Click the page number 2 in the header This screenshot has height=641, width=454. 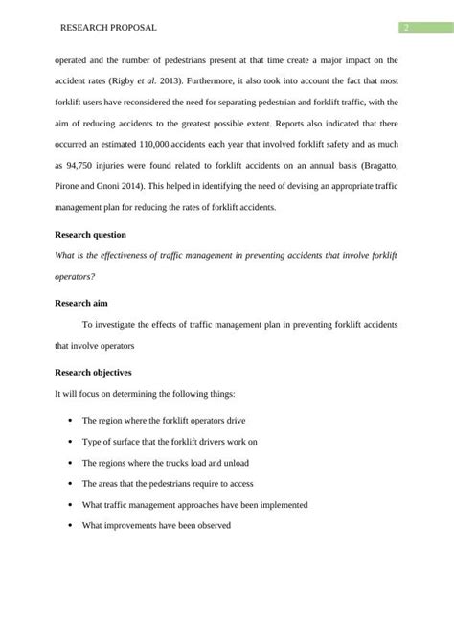(x=405, y=28)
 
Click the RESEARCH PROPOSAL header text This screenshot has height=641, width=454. (x=108, y=28)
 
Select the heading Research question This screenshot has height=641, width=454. (x=90, y=234)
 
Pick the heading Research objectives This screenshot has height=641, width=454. (x=94, y=372)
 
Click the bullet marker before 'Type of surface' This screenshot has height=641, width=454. (x=71, y=442)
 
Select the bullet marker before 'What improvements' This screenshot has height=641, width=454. (x=71, y=525)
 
